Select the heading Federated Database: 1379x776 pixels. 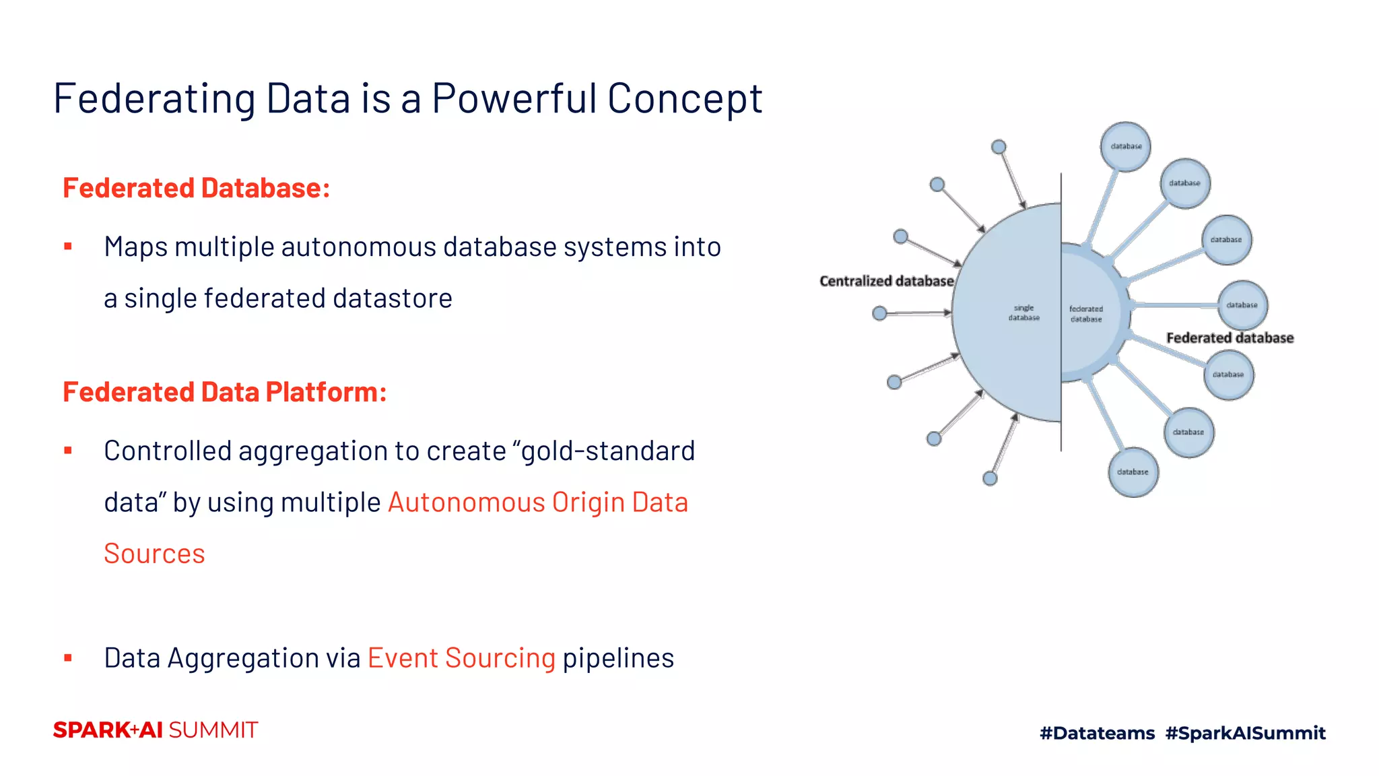[196, 188]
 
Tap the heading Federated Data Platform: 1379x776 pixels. [224, 392]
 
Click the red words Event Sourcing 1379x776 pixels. [461, 658]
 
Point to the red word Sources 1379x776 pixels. [154, 554]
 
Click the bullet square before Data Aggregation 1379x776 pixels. [68, 658]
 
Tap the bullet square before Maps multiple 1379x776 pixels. [68, 247]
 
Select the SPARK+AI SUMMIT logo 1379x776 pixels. [156, 730]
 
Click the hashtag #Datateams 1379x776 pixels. [1097, 733]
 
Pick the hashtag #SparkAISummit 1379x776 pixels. [1246, 733]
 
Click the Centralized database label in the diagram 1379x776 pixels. [886, 281]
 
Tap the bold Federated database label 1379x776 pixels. [1230, 338]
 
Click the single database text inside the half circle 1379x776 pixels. [1023, 313]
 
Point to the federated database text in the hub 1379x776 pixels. [1086, 314]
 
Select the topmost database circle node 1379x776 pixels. [1126, 146]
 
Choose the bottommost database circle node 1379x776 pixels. [1133, 472]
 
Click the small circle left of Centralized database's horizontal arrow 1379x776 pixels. [879, 313]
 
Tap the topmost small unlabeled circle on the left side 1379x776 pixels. [999, 147]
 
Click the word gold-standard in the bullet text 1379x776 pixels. [608, 451]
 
